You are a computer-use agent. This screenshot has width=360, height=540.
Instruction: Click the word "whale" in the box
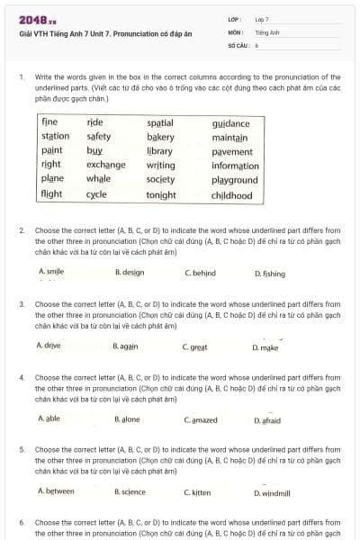pos(99,180)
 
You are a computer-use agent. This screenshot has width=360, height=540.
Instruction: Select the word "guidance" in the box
pos(231,122)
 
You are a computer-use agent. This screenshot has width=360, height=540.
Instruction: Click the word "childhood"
pos(231,194)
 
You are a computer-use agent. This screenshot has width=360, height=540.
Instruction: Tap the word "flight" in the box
pos(52,194)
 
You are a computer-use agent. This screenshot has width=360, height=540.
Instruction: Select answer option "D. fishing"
pos(269,273)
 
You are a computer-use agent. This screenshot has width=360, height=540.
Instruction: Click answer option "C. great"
pos(195,346)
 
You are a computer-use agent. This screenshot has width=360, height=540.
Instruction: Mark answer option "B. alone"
pos(127,419)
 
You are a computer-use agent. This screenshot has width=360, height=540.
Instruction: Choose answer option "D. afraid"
pos(267,420)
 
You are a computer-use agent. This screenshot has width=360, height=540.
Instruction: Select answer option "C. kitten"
pos(197,492)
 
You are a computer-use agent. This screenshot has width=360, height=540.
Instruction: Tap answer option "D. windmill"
pos(272,493)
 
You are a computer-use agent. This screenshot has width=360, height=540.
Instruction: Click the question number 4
pos(21,378)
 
